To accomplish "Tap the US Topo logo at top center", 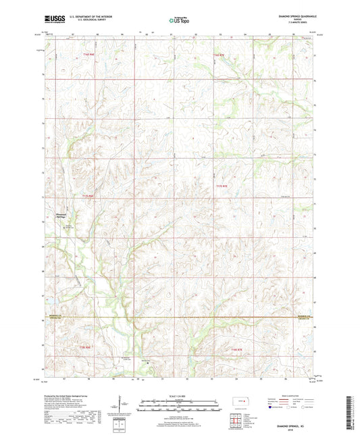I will pos(180,21).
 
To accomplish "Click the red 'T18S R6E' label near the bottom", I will pos(84,347).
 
